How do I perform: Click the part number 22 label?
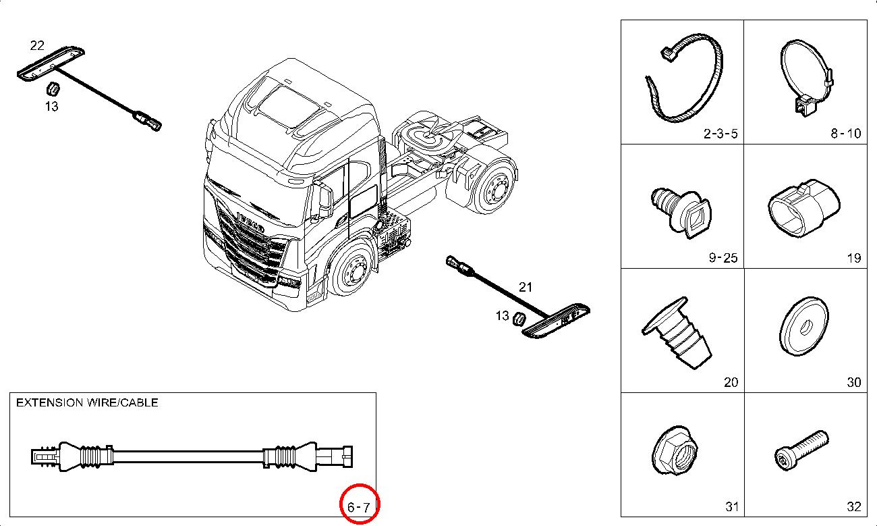pyautogui.click(x=37, y=46)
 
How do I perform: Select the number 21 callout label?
pyautogui.click(x=526, y=287)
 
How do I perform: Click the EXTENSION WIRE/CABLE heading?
pyautogui.click(x=87, y=402)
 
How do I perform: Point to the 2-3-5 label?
pyautogui.click(x=720, y=134)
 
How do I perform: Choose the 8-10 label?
pyautogui.click(x=845, y=134)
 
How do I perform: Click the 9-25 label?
pyautogui.click(x=723, y=258)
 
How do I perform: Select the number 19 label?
pyautogui.click(x=853, y=258)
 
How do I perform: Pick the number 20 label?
pyautogui.click(x=731, y=382)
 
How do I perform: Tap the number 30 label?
pyautogui.click(x=853, y=382)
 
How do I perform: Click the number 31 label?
pyautogui.click(x=731, y=506)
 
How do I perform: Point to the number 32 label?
pyautogui.click(x=853, y=506)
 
